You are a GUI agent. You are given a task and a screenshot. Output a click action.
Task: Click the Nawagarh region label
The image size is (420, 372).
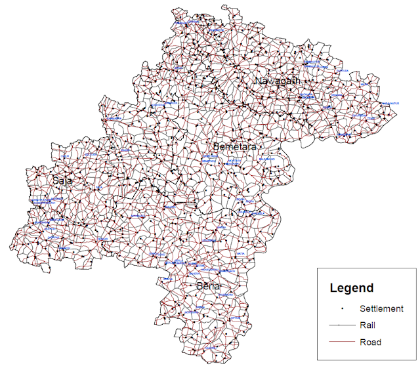pyautogui.click(x=278, y=81)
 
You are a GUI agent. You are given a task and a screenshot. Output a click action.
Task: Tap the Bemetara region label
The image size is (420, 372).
pyautogui.click(x=234, y=146)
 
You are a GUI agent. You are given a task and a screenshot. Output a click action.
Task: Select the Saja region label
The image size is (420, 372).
pyautogui.click(x=63, y=180)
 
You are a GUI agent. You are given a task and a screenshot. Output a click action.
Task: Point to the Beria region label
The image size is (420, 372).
pyautogui.click(x=209, y=286)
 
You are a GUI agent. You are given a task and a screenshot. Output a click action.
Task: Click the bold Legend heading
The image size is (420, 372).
pyautogui.click(x=351, y=287)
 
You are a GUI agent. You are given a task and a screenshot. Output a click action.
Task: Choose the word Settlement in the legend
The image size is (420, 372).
pyautogui.click(x=381, y=308)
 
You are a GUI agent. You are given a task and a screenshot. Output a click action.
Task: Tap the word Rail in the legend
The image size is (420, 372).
pyautogui.click(x=367, y=325)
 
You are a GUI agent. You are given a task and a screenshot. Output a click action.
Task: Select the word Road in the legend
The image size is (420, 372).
pyautogui.click(x=370, y=342)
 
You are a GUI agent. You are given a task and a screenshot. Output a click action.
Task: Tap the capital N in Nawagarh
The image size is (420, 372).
pyautogui.click(x=259, y=81)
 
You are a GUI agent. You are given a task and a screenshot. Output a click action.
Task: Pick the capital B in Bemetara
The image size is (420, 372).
pyautogui.click(x=216, y=146)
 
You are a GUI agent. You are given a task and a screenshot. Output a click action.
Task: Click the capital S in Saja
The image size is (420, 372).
pyautogui.click(x=56, y=180)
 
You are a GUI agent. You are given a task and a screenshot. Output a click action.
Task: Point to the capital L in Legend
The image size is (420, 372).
pyautogui.click(x=333, y=287)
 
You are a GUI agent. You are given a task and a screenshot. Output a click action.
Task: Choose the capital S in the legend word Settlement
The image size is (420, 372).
pyautogui.click(x=363, y=308)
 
